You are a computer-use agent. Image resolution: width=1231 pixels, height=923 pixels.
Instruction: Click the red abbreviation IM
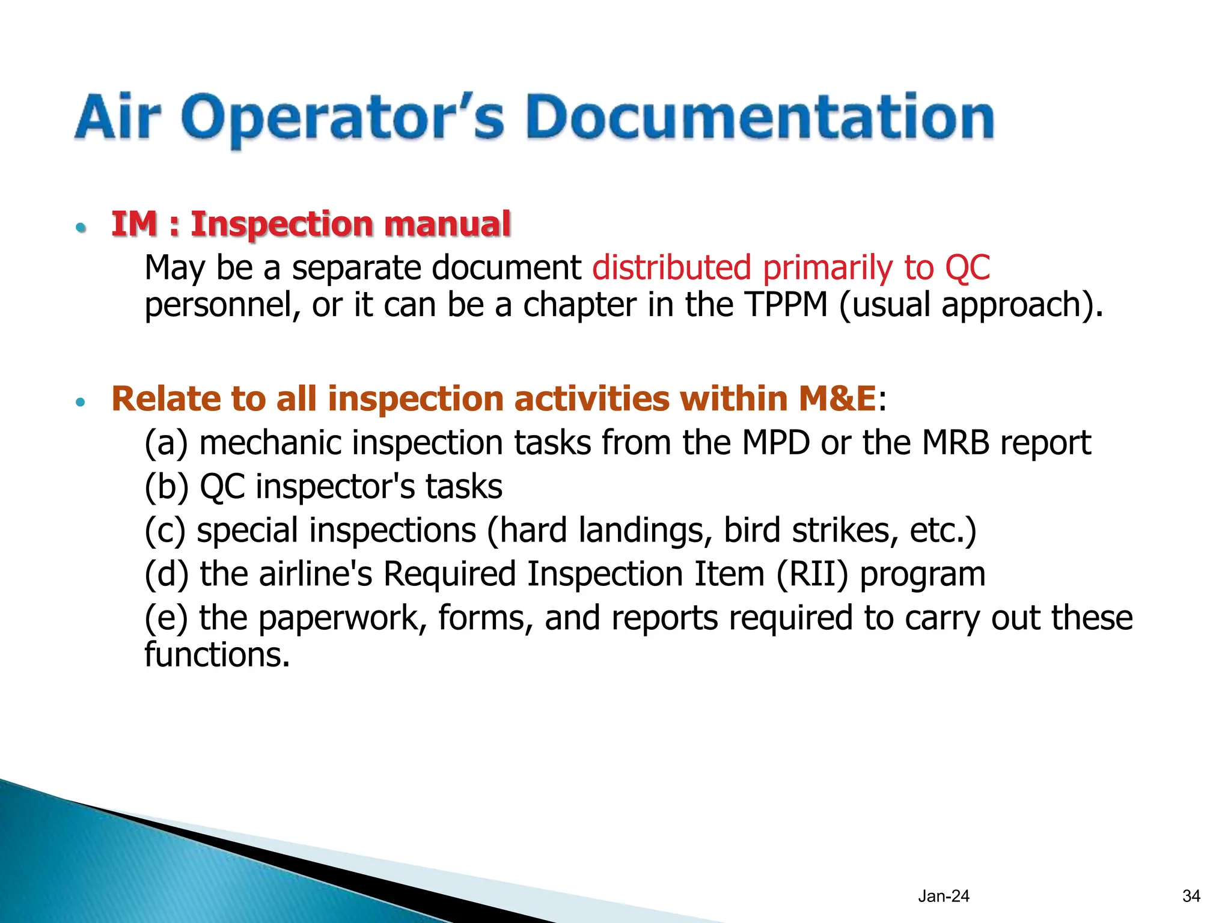coord(134,224)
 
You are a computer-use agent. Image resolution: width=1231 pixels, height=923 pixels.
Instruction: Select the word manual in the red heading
coord(447,224)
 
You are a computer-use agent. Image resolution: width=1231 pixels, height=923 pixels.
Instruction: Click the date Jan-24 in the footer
coord(943,896)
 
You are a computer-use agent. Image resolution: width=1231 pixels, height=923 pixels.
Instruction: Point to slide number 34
coord(1191,896)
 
